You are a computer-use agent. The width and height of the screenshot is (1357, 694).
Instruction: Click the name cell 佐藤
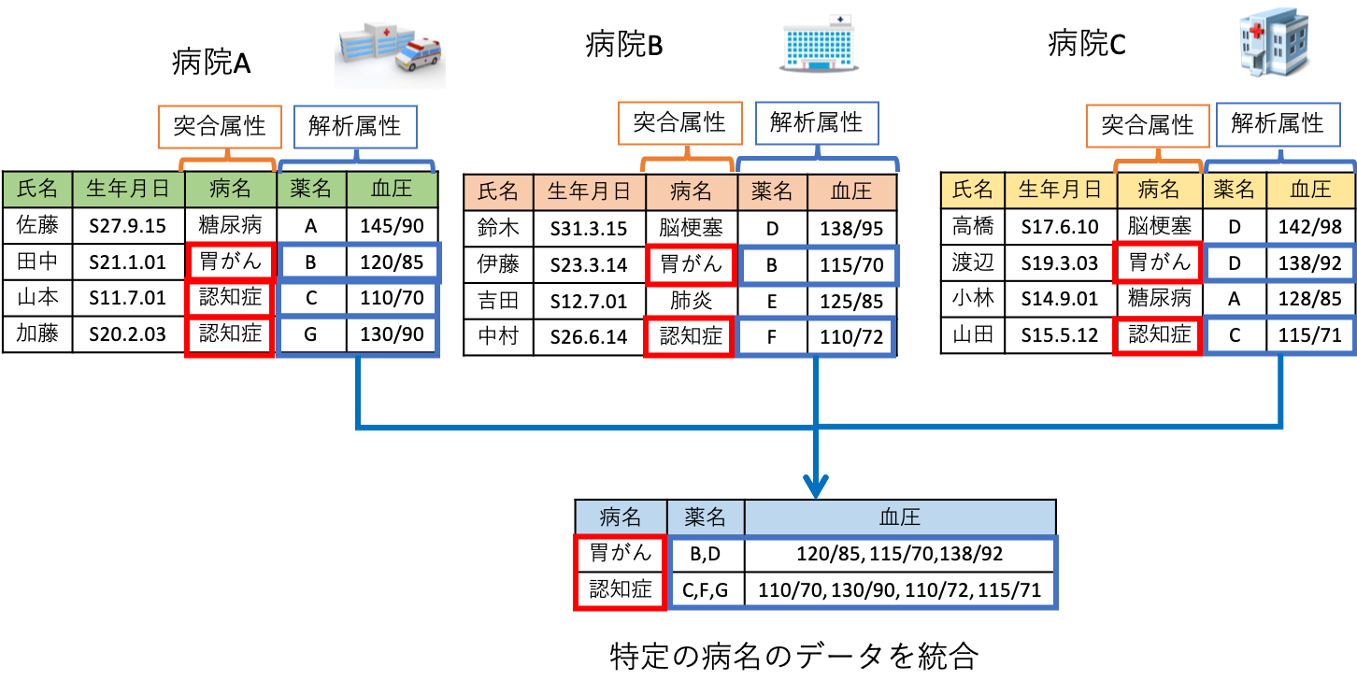(x=37, y=225)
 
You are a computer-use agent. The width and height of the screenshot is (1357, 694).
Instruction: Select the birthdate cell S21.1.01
(x=128, y=262)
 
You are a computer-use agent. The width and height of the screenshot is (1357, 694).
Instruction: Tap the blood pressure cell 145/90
(x=392, y=225)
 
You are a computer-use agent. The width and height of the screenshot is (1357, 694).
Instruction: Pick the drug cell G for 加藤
(x=312, y=334)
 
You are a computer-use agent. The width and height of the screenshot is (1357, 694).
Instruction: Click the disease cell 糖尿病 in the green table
(x=231, y=225)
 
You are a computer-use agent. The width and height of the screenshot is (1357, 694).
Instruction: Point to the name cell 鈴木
(x=498, y=227)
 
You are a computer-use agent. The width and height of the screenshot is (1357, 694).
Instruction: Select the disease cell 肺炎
(x=692, y=300)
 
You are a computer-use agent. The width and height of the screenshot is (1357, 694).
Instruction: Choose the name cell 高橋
(x=973, y=226)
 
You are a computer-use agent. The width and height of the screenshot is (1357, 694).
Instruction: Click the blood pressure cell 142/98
(x=1309, y=226)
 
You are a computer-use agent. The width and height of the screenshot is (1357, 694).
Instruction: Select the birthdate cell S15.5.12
(x=1058, y=335)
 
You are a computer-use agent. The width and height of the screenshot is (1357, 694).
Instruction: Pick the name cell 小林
(x=973, y=299)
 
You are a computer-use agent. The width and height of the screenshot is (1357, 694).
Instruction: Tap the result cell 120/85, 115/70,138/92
(x=899, y=554)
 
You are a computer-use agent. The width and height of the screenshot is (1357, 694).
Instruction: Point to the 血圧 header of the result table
(x=899, y=517)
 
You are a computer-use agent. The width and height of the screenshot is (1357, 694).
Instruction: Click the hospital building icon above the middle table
(x=820, y=44)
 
